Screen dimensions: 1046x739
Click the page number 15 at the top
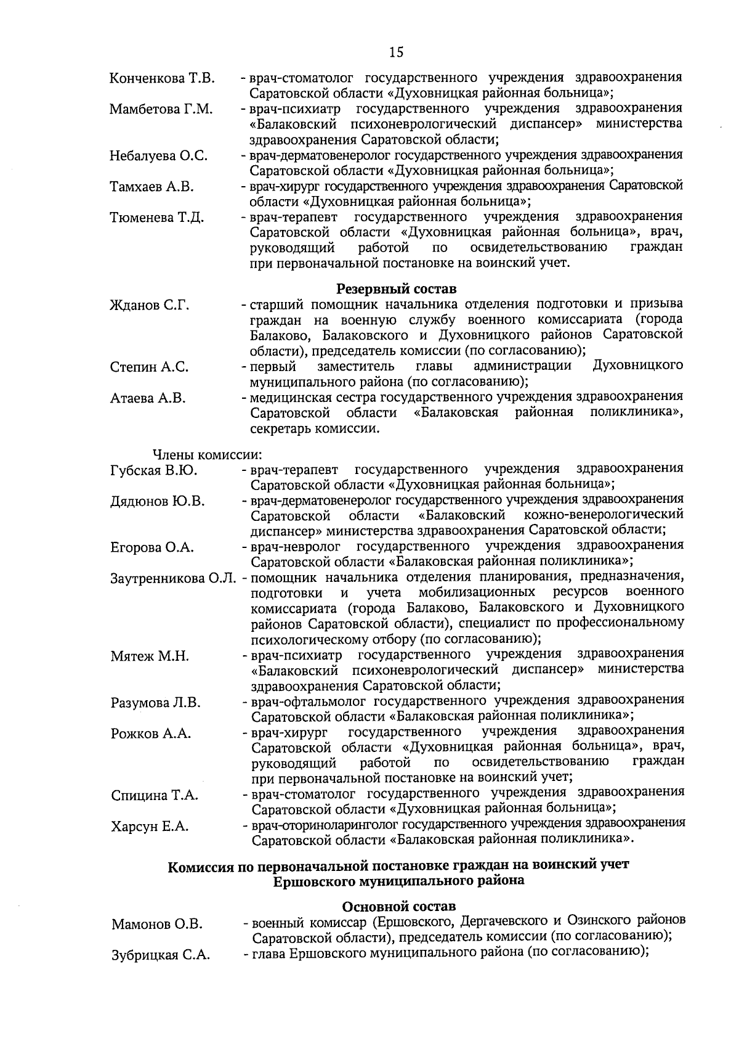[397, 52]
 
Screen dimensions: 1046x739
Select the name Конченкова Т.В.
[162, 79]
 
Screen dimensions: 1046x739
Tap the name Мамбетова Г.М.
[161, 110]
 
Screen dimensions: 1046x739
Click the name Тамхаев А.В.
[151, 187]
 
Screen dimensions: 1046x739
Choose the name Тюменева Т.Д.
[156, 218]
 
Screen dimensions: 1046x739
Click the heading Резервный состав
[397, 288]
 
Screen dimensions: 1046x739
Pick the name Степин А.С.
[149, 367]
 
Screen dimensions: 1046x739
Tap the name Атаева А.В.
[148, 398]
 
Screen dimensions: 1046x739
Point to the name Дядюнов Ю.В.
[158, 501]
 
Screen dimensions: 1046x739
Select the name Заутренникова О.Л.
[174, 579]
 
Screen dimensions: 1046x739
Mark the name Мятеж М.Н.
[150, 656]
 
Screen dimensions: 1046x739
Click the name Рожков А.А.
[151, 733]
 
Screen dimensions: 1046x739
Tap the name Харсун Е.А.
[150, 827]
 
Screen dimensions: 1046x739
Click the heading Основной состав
[398, 906]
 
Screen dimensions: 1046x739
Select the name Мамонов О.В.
[157, 925]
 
